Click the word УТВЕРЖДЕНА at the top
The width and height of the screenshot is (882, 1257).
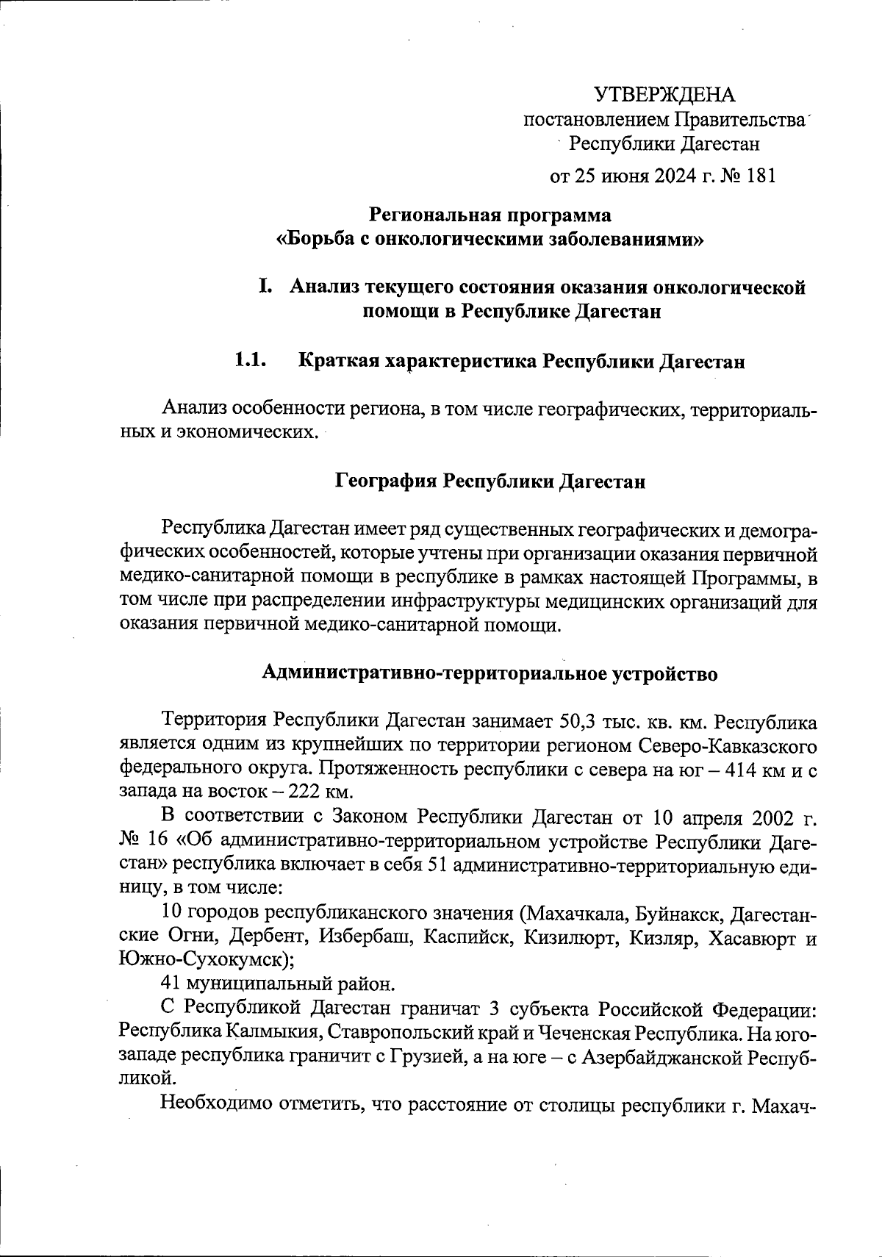pos(664,94)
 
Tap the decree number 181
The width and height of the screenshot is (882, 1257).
pos(760,176)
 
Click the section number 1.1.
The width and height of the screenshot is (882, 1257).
pos(249,361)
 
